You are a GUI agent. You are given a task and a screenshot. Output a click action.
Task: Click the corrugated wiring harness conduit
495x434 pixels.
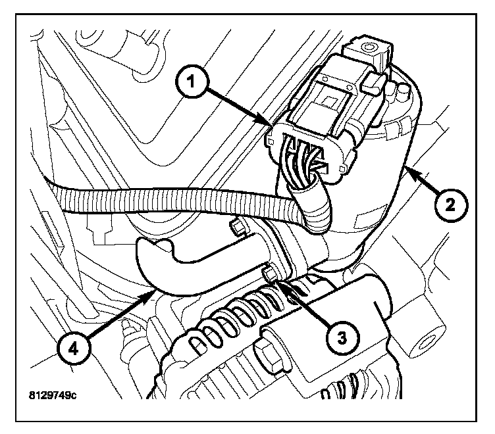165,200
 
